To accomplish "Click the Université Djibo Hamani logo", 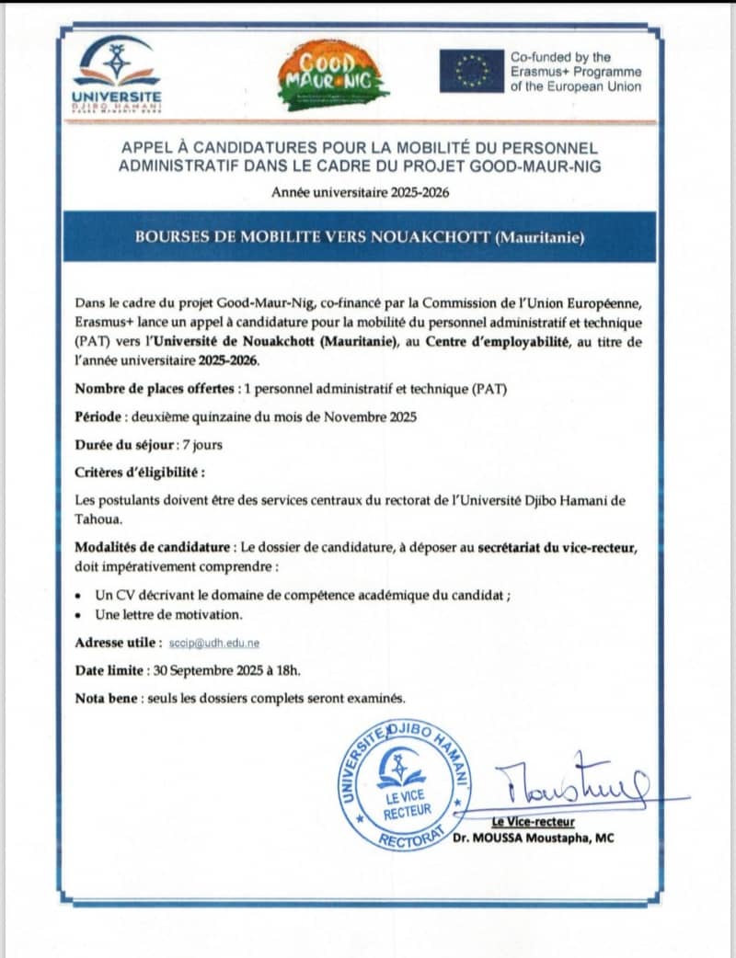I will coord(117,73).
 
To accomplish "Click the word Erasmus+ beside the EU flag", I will coord(539,72).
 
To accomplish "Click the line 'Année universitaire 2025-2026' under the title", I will coord(360,192).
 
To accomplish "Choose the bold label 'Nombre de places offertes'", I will coord(155,389).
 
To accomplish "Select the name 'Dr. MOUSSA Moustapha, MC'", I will coord(533,838).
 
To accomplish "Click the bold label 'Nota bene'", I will coord(106,698).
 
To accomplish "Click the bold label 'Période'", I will coord(98,416).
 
